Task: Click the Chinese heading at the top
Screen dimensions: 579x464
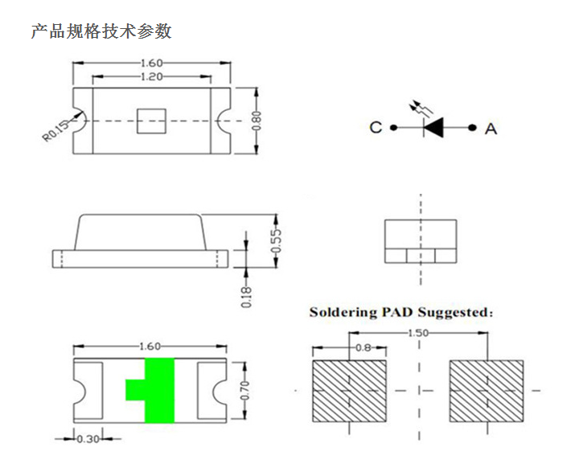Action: click(x=101, y=31)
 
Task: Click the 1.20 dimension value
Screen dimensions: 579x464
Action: click(x=151, y=76)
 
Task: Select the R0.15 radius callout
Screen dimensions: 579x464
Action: click(x=55, y=130)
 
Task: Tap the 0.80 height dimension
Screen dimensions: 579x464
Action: click(x=257, y=121)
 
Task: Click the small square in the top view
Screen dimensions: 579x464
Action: click(x=151, y=121)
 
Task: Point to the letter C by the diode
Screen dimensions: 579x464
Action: click(x=376, y=127)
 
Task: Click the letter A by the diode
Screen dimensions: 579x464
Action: click(x=491, y=129)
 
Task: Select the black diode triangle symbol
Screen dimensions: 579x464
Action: click(x=433, y=128)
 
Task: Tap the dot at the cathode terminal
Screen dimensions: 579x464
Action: click(x=394, y=128)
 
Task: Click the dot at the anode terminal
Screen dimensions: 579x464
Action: click(x=472, y=128)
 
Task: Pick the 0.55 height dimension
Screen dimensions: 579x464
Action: click(x=276, y=240)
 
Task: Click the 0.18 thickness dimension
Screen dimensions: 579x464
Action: click(x=246, y=297)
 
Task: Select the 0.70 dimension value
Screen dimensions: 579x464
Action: click(x=244, y=390)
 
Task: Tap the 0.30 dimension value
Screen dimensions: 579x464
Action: click(x=88, y=439)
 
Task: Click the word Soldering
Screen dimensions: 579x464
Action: click(x=343, y=312)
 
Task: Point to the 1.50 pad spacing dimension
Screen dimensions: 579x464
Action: click(x=418, y=333)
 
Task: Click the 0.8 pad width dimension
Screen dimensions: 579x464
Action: click(x=363, y=347)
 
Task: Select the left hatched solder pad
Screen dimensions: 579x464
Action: click(x=349, y=391)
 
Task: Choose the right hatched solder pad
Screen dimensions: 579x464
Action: click(x=487, y=391)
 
